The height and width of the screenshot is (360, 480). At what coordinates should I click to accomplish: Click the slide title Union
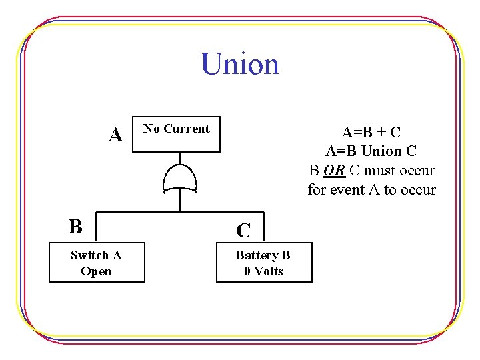[x=240, y=65]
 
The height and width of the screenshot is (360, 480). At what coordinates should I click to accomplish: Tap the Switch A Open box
[x=97, y=263]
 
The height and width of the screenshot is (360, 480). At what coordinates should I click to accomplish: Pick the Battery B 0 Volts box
[x=264, y=263]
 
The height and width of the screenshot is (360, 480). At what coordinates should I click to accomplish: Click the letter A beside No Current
[x=116, y=135]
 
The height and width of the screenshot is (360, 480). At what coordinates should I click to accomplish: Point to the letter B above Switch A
[x=75, y=227]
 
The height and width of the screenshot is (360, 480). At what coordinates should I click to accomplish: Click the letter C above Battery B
[x=244, y=231]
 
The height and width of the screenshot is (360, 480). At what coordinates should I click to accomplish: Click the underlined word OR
[x=334, y=171]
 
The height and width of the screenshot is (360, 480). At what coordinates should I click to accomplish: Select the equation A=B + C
[x=371, y=132]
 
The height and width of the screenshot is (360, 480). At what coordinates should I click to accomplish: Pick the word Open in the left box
[x=96, y=271]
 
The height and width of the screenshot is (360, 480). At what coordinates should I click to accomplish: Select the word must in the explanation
[x=384, y=171]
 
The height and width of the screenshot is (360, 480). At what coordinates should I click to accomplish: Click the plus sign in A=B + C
[x=377, y=132]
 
